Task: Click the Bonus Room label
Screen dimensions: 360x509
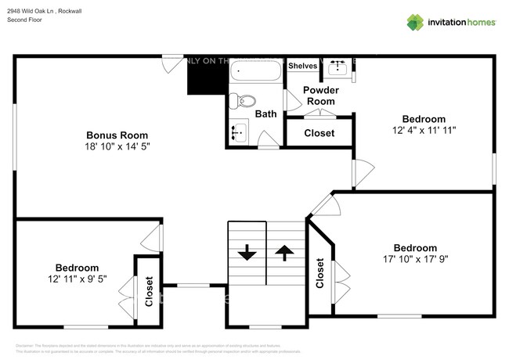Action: coord(117,135)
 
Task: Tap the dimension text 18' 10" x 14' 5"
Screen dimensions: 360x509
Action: coord(117,146)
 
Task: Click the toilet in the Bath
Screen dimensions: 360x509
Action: coord(246,100)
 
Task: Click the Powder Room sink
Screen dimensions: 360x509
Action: coord(339,70)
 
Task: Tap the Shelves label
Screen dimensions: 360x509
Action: coord(302,66)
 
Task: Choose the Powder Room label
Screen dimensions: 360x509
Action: coord(320,95)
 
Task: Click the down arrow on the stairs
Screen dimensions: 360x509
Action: coord(247,252)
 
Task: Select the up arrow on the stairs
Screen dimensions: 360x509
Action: coord(283,252)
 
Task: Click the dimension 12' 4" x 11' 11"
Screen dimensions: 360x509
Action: coord(424,130)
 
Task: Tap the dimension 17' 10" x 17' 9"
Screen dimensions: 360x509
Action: coord(415,259)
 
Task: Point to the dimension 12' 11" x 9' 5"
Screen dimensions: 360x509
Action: coord(77,278)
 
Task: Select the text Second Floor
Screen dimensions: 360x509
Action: coord(26,20)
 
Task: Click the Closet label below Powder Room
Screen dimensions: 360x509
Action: coord(319,133)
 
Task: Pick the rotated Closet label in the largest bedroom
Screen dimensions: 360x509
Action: coord(319,274)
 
